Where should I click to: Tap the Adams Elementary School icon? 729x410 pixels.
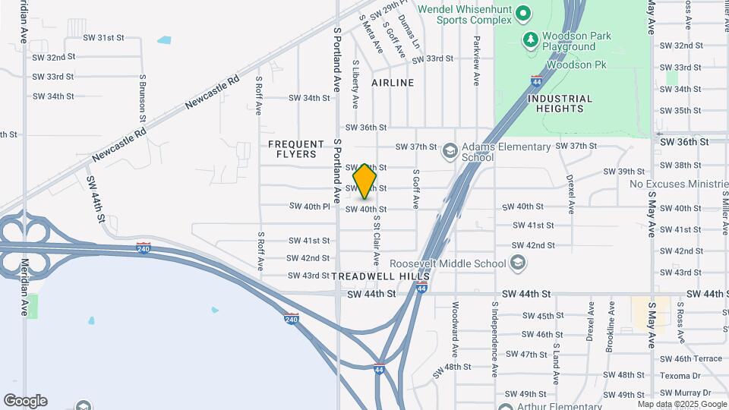[450, 151]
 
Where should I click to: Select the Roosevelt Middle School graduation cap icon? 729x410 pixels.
[518, 263]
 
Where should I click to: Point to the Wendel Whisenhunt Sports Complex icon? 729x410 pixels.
[522, 13]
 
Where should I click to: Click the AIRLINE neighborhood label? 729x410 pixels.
[393, 82]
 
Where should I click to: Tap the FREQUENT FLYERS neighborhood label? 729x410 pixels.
[292, 149]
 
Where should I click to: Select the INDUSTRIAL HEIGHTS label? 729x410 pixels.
[560, 103]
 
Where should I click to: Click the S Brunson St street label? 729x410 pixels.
[142, 97]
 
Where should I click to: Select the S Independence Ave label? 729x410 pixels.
[494, 339]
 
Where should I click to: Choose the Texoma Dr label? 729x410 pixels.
[680, 374]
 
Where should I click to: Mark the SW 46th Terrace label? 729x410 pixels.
[690, 358]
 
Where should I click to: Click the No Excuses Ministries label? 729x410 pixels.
[678, 184]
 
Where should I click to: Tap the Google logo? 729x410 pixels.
[25, 401]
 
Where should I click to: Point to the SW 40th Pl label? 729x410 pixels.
[310, 206]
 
